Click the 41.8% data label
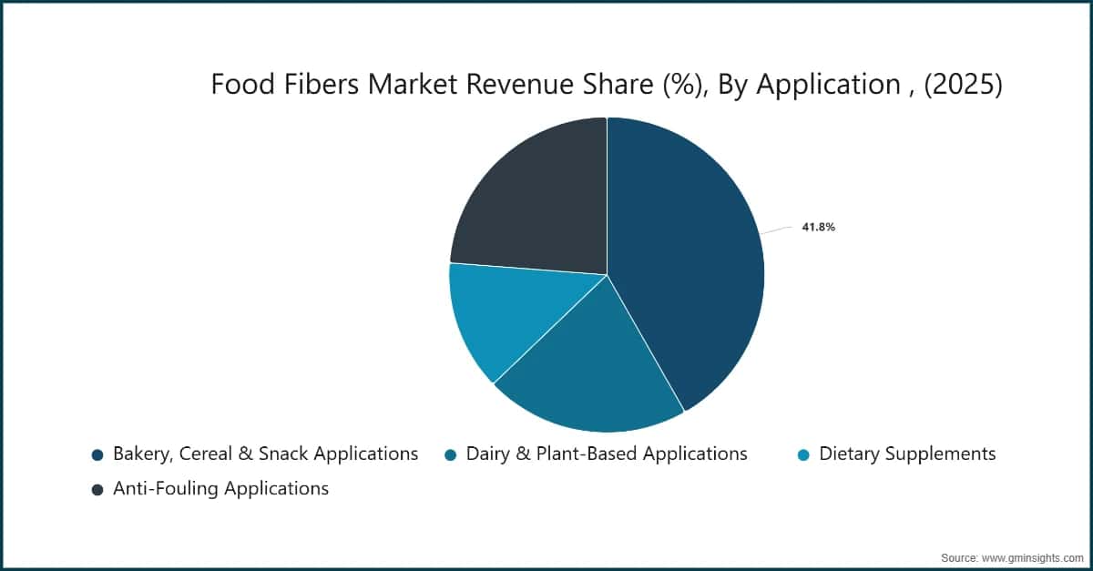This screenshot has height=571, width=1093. (x=818, y=228)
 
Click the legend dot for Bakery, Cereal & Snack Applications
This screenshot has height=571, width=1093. (x=97, y=454)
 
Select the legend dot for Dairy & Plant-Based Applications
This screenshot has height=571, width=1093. (x=450, y=454)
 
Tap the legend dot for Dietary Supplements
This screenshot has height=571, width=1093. (x=802, y=454)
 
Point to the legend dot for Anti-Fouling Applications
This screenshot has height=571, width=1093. (x=97, y=489)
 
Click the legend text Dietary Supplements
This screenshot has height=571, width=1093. (x=907, y=454)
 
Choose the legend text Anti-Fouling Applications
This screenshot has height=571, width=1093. (x=220, y=489)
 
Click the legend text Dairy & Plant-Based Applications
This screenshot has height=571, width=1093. (x=607, y=454)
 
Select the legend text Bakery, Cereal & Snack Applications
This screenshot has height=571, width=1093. (x=265, y=454)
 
